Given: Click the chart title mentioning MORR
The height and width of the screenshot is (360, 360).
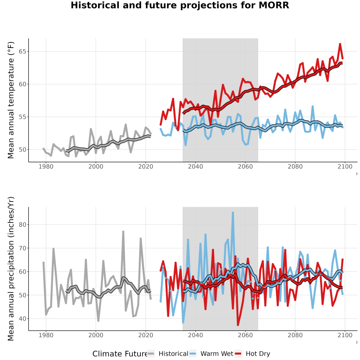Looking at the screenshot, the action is pyautogui.click(x=180, y=5).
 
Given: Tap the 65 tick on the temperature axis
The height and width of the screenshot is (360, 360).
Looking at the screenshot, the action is pyautogui.click(x=22, y=52).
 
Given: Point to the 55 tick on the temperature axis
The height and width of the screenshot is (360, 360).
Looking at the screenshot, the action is pyautogui.click(x=22, y=117).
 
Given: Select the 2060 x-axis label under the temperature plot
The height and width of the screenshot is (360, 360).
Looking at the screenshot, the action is pyautogui.click(x=245, y=166).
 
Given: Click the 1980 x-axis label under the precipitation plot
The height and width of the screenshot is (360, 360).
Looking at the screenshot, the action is pyautogui.click(x=46, y=335).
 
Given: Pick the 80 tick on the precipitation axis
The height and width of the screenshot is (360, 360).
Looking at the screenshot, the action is pyautogui.click(x=22, y=225).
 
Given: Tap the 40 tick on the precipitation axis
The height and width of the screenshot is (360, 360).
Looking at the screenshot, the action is pyautogui.click(x=22, y=319).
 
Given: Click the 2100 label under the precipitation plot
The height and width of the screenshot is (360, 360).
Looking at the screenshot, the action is pyautogui.click(x=345, y=335).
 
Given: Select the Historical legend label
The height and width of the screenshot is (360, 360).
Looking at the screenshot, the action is pyautogui.click(x=173, y=354).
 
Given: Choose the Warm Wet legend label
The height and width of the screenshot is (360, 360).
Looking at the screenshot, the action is pyautogui.click(x=217, y=354).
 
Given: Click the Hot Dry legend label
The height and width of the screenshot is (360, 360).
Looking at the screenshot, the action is pyautogui.click(x=258, y=354).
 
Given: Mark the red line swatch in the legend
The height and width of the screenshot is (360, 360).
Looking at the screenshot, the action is pyautogui.click(x=238, y=354).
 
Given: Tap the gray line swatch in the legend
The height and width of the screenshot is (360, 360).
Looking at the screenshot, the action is pyautogui.click(x=151, y=354).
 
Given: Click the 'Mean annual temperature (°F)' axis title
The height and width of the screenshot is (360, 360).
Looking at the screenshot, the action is pyautogui.click(x=11, y=100).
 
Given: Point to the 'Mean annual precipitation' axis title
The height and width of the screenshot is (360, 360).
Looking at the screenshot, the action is pyautogui.click(x=11, y=269).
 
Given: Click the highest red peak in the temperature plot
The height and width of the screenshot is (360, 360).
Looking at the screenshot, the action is pyautogui.click(x=340, y=44).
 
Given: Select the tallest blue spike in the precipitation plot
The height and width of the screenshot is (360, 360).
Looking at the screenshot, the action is pyautogui.click(x=233, y=213).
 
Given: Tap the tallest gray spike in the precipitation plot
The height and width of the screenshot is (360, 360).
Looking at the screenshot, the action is pyautogui.click(x=123, y=232).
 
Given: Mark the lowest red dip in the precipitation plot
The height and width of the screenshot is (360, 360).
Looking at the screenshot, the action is pyautogui.click(x=238, y=325).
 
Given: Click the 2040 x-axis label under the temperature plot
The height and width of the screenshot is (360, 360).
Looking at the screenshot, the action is pyautogui.click(x=195, y=166).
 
